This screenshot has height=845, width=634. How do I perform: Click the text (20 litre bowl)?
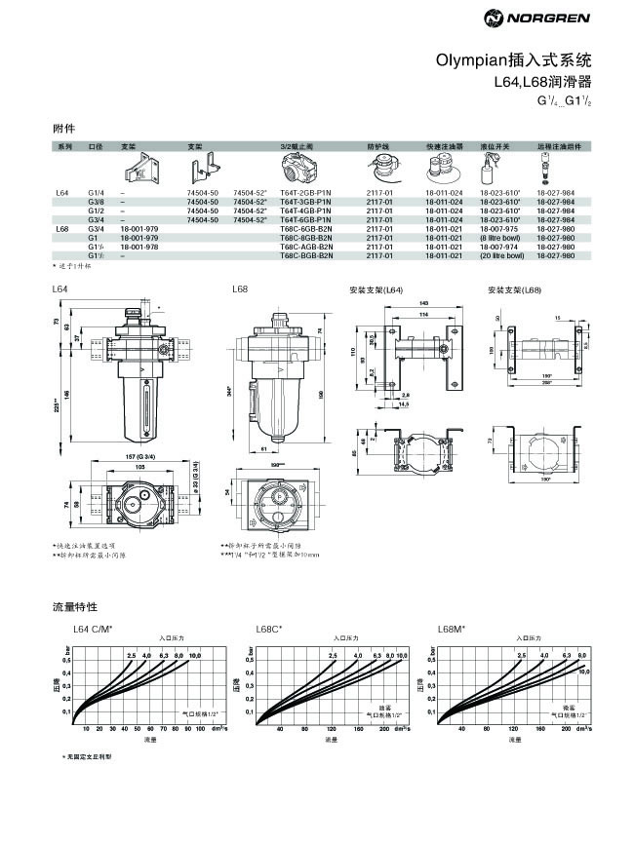[x=502, y=255]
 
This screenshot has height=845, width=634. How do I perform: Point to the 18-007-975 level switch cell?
[x=499, y=229]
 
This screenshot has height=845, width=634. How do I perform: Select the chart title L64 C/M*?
[x=92, y=630]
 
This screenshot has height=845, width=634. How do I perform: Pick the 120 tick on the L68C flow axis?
[x=332, y=728]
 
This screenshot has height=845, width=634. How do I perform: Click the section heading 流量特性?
[x=72, y=607]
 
